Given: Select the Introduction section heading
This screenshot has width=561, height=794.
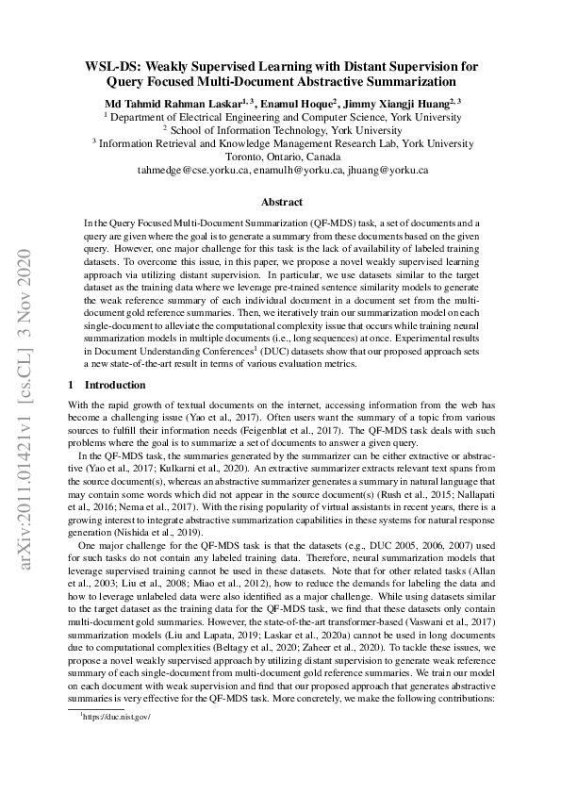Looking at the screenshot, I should [114, 386].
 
